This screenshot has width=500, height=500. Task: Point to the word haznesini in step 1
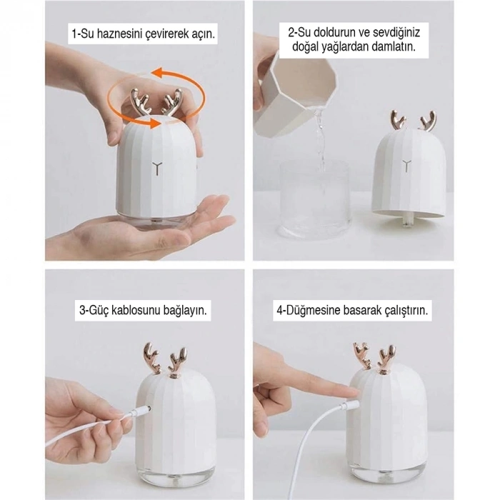click(x=114, y=34)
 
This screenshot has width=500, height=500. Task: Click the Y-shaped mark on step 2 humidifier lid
click(x=406, y=166)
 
